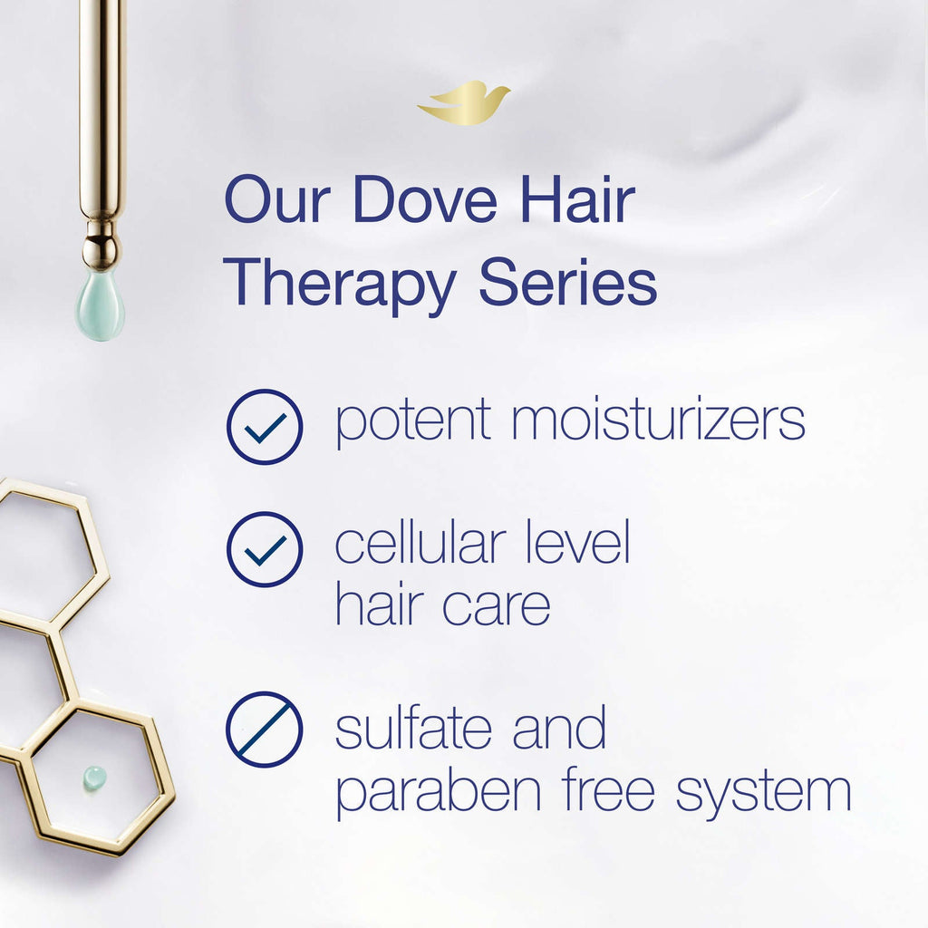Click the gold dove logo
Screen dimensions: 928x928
[x=463, y=101]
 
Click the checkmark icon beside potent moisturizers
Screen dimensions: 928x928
[x=265, y=427]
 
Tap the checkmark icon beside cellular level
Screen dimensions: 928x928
[x=265, y=549]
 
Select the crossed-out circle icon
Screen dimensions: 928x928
[x=265, y=730]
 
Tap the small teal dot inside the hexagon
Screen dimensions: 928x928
[x=95, y=776]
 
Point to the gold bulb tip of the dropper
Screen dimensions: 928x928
[x=100, y=250]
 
